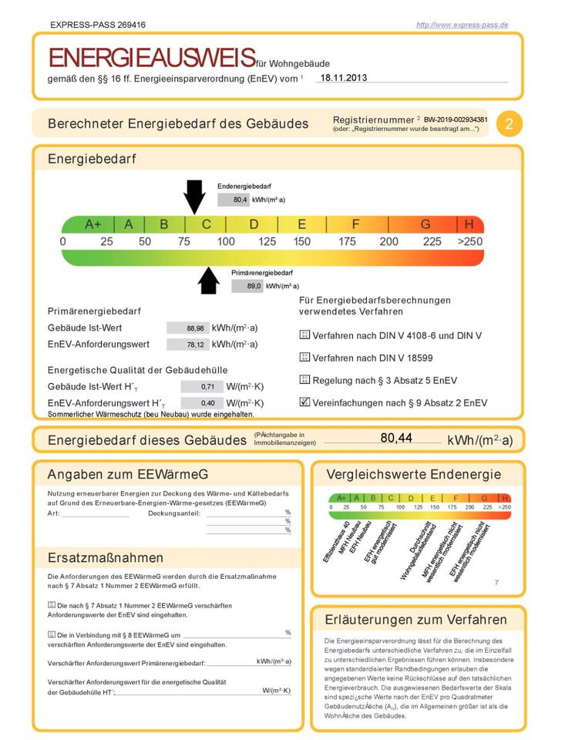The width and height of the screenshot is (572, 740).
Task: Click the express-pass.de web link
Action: click(462, 25)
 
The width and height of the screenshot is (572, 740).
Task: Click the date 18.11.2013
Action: click(344, 78)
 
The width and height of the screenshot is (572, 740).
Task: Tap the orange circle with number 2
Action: click(509, 124)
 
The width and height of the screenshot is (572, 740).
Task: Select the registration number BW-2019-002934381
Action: click(456, 119)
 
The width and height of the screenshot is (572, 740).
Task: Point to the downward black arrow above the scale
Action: click(194, 196)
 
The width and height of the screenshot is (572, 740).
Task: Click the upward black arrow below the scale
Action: click(209, 281)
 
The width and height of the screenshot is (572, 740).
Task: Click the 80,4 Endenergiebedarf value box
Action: click(233, 200)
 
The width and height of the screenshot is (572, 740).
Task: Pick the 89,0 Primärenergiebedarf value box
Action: click(247, 286)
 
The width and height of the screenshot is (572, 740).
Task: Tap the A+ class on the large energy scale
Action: click(93, 224)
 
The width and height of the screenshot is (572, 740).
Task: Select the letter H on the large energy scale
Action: click(469, 224)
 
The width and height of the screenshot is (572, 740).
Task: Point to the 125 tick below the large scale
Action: click(267, 242)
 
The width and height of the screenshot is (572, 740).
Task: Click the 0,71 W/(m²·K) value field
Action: click(201, 386)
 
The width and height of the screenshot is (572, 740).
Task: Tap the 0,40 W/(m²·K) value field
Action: click(201, 403)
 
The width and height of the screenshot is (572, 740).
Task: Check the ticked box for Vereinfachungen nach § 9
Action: click(305, 402)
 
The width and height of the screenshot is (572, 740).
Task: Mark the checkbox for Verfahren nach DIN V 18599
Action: click(305, 358)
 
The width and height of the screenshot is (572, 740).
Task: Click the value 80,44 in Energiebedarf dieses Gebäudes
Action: click(396, 438)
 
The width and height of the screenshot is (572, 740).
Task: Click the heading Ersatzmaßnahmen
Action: click(105, 557)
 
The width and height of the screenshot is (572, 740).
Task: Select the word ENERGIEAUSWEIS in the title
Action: click(152, 58)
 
